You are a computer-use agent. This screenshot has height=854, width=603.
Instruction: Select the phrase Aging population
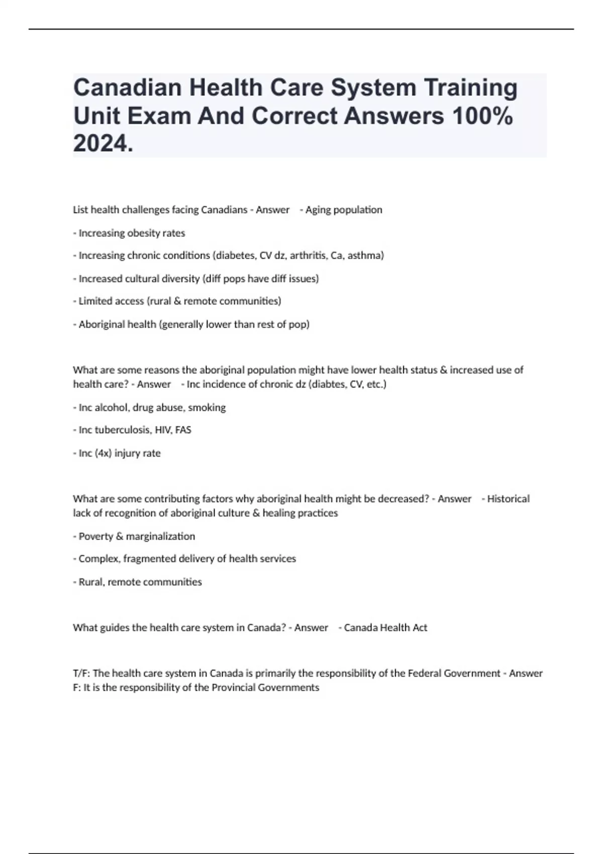344,209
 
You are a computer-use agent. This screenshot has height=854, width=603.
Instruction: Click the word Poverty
96,537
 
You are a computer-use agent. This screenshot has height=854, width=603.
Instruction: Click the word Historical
508,499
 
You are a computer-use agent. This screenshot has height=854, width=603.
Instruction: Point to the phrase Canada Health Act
385,627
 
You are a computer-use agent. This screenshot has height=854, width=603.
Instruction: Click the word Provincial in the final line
234,687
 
